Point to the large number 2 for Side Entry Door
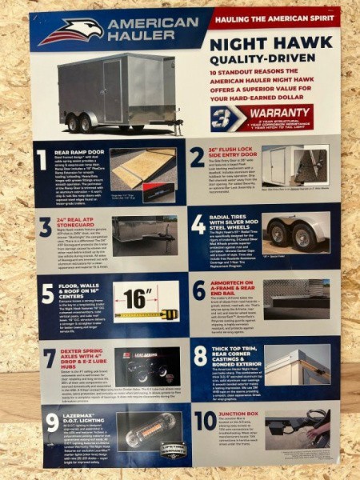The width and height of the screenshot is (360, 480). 198,157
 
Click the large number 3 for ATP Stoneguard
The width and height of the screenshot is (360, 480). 46,227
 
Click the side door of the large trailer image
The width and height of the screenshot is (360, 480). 113,91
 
